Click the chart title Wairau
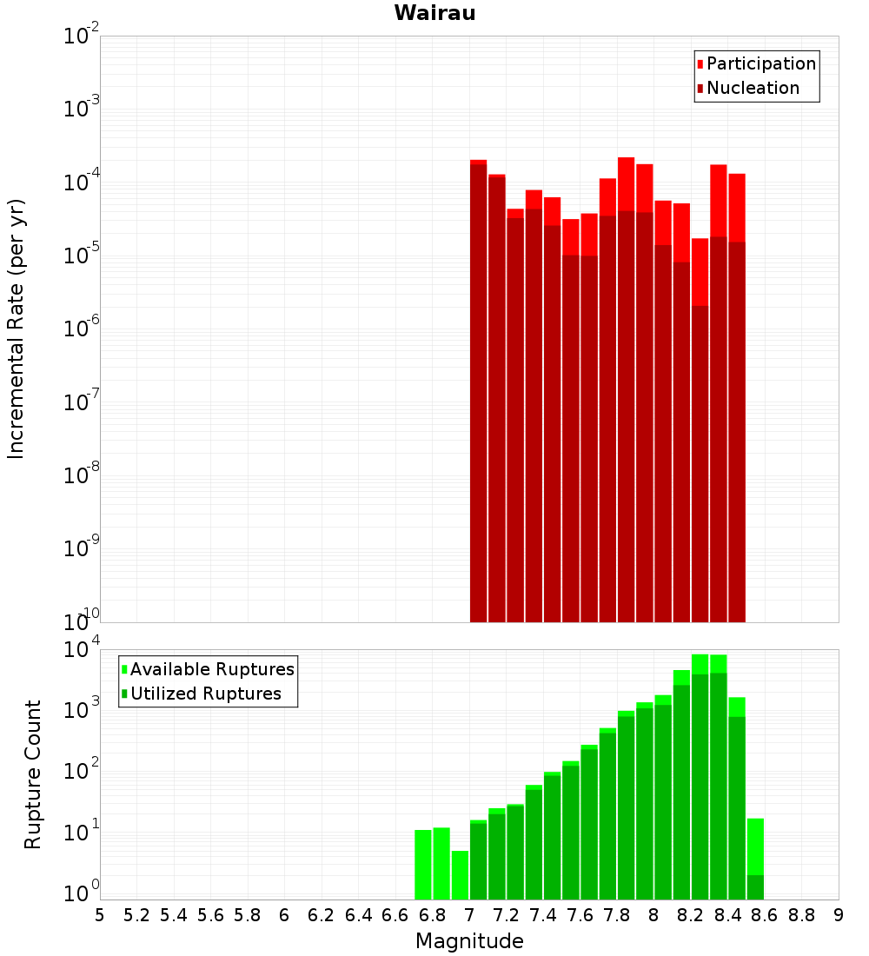click(434, 13)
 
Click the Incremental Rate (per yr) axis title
click(17, 329)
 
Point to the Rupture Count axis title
click(33, 774)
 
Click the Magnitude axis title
click(469, 941)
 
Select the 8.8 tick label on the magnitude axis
click(801, 915)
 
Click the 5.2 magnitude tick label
click(136, 915)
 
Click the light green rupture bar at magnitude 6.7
click(423, 865)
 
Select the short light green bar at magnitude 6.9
click(460, 875)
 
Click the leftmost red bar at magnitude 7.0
click(478, 391)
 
